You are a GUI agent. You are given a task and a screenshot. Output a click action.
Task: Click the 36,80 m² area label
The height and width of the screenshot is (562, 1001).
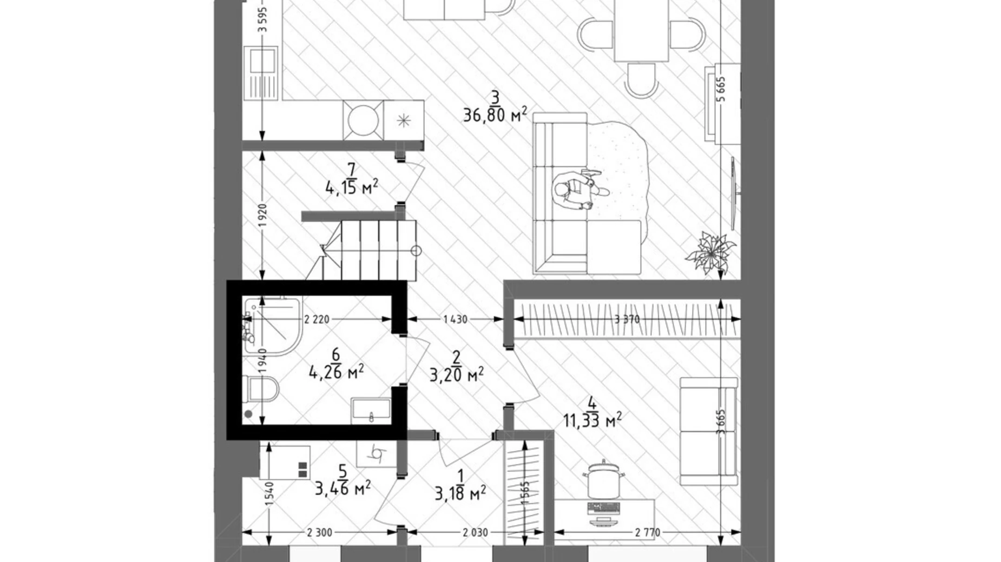pos(494,115)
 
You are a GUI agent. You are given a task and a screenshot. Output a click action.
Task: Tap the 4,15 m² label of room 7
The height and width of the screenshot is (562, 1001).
pos(351,188)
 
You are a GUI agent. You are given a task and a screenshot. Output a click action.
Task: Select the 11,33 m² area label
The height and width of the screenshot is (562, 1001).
pos(592,420)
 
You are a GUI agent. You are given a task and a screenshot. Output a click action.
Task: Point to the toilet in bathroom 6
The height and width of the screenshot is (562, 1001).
pos(262,389)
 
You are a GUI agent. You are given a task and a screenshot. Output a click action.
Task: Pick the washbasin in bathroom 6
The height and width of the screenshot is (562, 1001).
pos(371,410)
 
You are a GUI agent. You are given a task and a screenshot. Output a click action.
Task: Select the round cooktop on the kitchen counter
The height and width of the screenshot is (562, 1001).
pos(363,120)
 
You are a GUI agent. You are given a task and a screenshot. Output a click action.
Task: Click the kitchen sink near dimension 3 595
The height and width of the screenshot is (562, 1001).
pos(262,73)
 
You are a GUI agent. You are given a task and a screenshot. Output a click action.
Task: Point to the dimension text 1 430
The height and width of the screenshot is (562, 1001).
pos(455,319)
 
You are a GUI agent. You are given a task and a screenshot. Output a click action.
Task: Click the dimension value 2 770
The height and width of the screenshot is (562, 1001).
pos(647,533)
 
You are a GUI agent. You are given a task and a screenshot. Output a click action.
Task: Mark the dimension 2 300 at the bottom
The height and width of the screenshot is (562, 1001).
pos(319,533)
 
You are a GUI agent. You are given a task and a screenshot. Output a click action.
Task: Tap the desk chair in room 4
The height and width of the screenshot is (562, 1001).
pos(603,481)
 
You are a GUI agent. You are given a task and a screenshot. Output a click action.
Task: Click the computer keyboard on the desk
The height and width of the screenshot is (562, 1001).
pos(603,508)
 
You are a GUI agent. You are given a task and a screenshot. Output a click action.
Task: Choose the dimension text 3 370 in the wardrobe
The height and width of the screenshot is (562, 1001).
pos(627,319)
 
